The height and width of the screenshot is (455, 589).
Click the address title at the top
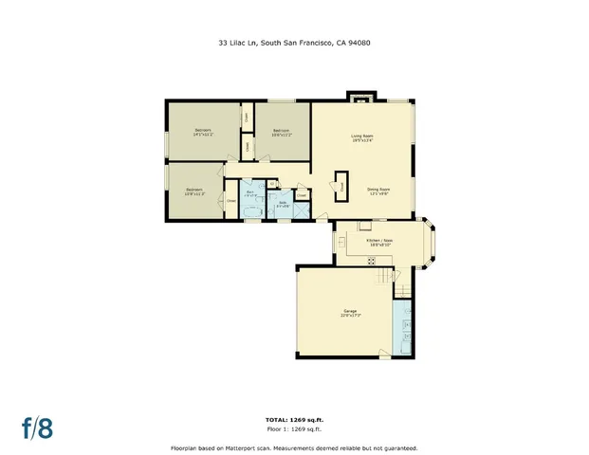[294, 42]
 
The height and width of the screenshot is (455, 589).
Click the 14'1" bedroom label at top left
[203, 132]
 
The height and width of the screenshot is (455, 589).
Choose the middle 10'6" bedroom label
[282, 132]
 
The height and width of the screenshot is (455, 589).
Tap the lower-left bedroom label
[194, 191]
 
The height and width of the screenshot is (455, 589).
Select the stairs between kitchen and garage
[384, 277]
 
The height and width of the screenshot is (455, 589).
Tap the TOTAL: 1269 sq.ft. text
[294, 418]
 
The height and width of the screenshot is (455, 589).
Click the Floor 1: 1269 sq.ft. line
[294, 428]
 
